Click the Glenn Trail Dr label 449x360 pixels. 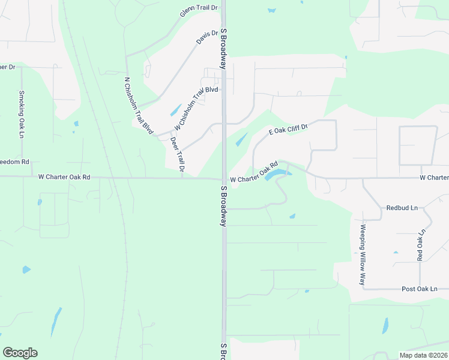(199, 12)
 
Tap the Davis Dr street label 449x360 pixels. (206, 38)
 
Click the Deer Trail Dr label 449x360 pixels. (176, 155)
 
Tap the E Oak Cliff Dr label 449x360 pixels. (288, 129)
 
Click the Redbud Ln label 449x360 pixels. (402, 208)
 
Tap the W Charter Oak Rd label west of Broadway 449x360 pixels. (64, 177)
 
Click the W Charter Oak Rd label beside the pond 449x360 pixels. (255, 172)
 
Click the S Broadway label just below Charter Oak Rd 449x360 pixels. (223, 206)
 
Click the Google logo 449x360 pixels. (20, 353)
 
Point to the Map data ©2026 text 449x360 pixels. (423, 355)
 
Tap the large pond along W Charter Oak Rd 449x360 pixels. (277, 175)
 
